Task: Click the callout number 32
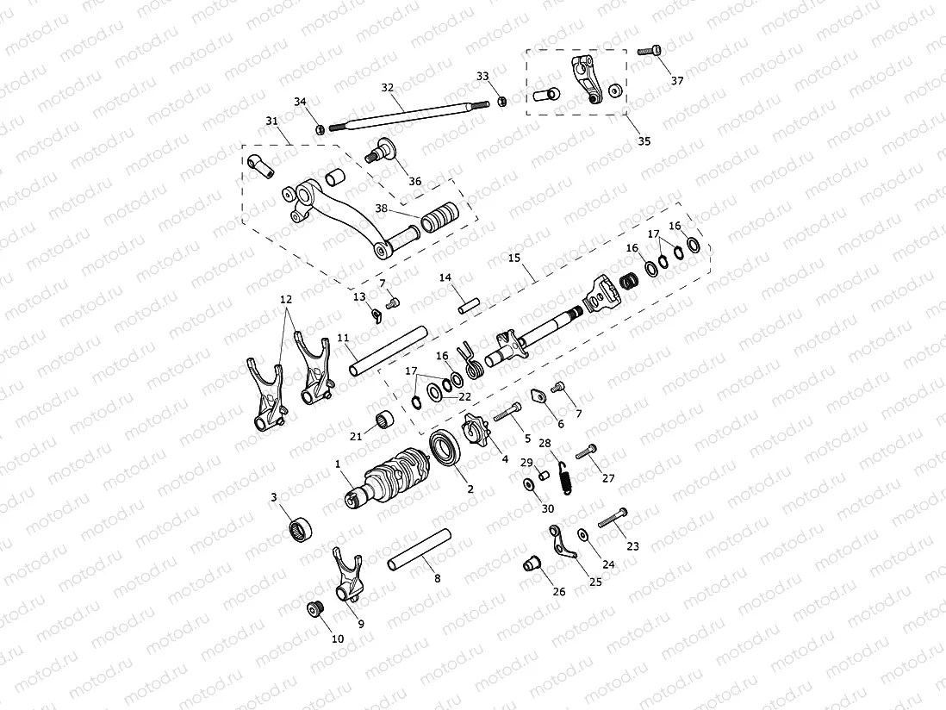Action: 387,87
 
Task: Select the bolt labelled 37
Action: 650,51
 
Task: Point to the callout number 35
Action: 643,140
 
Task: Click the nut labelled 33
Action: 502,103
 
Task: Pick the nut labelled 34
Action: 319,129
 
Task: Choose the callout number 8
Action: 438,578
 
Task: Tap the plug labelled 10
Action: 316,610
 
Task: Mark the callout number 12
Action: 286,299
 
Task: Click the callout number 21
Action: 356,436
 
